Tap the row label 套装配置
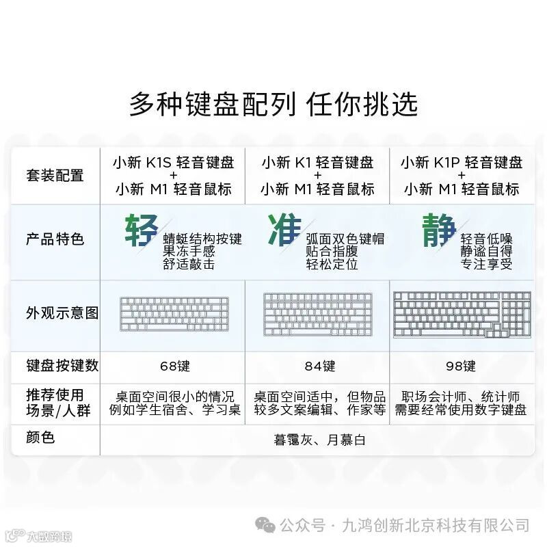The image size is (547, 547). [x=55, y=175]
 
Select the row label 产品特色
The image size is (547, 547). [x=55, y=239]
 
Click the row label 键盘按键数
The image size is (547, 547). [x=62, y=366]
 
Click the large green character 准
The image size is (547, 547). [x=285, y=230]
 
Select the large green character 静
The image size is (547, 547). [x=438, y=230]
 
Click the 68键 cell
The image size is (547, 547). [x=174, y=366]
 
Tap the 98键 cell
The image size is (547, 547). [x=460, y=366]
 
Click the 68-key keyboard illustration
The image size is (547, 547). [x=174, y=314]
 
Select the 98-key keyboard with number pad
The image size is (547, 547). [x=462, y=314]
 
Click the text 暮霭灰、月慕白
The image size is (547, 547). [x=319, y=440]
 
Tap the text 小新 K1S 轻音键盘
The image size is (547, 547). [x=174, y=163]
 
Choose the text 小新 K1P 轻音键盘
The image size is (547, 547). [x=462, y=163]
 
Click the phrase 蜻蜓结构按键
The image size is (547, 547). [x=202, y=239]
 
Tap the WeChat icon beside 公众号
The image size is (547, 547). [x=266, y=525]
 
